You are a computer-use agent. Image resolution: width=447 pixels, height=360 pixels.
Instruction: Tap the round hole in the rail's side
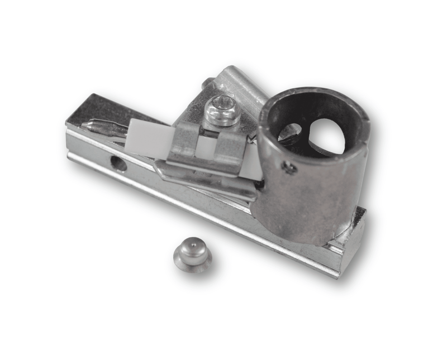point(118,163)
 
